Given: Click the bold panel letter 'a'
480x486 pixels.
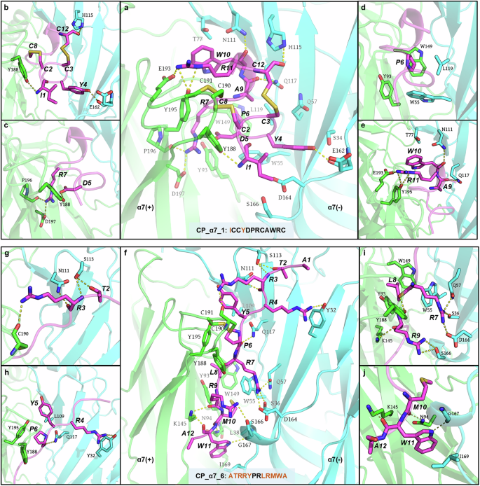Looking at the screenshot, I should tap(127, 8).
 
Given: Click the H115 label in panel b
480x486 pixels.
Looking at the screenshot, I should tap(88, 15).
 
